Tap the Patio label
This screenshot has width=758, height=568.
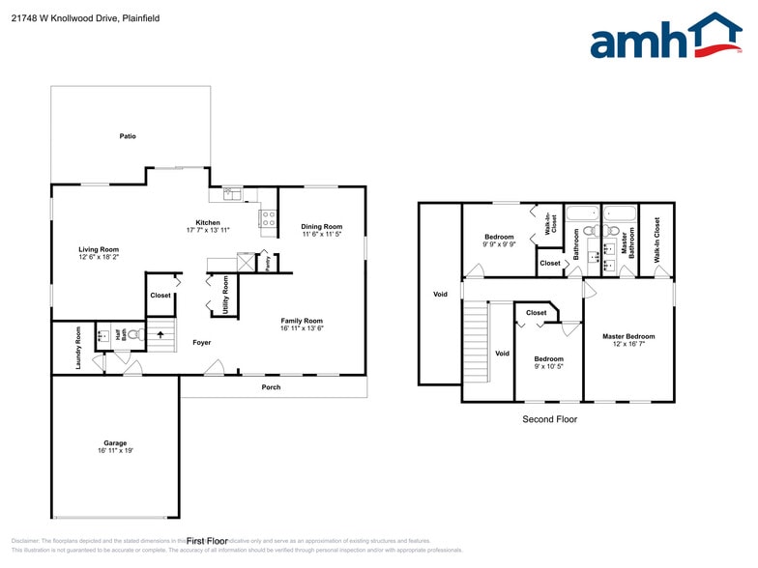click(x=128, y=136)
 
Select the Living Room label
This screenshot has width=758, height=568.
click(x=99, y=249)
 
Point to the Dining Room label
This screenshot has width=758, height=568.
click(x=321, y=227)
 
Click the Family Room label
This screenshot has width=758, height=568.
click(x=302, y=321)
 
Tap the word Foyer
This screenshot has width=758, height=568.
click(x=201, y=342)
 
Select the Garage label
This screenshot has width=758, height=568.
click(x=115, y=443)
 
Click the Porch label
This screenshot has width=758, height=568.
click(x=272, y=387)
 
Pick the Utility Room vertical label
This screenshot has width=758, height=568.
click(x=225, y=296)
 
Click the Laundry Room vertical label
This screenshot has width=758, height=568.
click(x=78, y=347)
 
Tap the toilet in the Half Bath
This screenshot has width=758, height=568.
click(x=134, y=336)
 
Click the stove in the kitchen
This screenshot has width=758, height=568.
click(x=267, y=217)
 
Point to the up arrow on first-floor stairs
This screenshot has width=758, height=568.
click(x=161, y=335)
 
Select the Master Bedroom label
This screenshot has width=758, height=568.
click(x=627, y=336)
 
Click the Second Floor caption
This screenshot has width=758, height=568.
click(x=550, y=419)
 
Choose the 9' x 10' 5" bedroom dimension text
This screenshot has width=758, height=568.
click(x=548, y=366)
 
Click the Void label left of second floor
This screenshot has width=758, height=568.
click(x=440, y=294)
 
